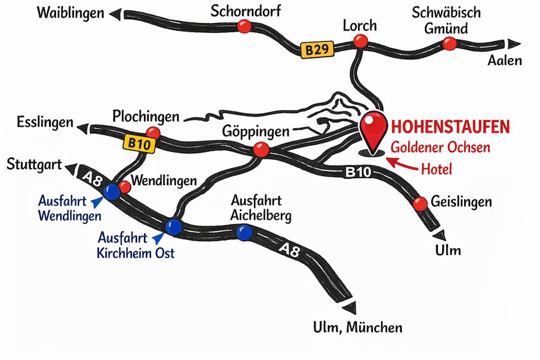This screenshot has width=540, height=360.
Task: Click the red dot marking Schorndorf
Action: click(x=244, y=26)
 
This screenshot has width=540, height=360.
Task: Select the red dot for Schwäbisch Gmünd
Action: click(x=449, y=44)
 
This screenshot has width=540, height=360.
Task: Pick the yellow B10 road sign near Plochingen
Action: click(x=138, y=145)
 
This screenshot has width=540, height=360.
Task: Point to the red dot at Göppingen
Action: click(x=261, y=150)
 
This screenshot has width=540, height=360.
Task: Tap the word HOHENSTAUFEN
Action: click(x=455, y=125)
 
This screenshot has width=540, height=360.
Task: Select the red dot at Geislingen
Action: click(x=421, y=203)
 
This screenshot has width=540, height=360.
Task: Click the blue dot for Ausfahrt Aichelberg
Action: click(x=244, y=233)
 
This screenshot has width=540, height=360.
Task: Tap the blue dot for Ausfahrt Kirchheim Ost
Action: click(x=174, y=226)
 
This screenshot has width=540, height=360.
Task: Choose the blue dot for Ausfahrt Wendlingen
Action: click(x=112, y=191)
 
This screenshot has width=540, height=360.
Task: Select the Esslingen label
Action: click(x=40, y=122)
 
